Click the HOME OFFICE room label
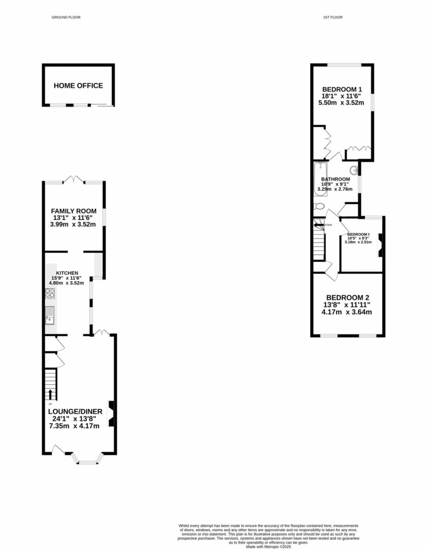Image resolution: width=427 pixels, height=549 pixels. coord(78,86)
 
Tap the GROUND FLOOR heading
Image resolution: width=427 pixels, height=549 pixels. coord(66,18)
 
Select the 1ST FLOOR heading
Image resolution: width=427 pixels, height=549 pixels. coord(332,18)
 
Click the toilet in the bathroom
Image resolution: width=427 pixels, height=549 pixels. coord(318,206)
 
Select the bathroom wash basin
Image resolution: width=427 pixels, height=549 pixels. coord(354,172)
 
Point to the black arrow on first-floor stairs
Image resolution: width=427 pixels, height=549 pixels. coord(319,225)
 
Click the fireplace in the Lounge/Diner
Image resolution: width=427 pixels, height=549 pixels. coord(111,413)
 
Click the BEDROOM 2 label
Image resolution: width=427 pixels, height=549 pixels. coord(348,298)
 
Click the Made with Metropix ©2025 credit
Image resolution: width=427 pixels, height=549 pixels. coord(268,546)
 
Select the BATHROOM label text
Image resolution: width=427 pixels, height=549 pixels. coord(335,179)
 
